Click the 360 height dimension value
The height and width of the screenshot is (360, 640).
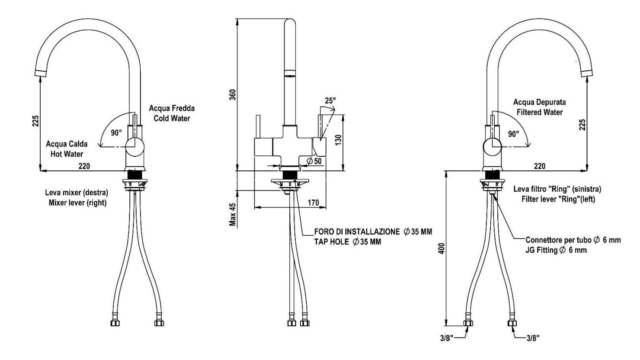pos(233,95)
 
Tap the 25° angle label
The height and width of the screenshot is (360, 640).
pos(330,100)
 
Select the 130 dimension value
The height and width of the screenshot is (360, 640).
pos(338,140)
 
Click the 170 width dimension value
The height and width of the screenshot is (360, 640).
pos(313,202)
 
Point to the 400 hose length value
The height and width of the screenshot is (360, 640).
pos(442,248)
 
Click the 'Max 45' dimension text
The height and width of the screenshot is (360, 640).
pos(233,215)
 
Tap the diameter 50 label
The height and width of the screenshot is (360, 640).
pos(314,161)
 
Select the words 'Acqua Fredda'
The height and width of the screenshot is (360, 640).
pos(172,108)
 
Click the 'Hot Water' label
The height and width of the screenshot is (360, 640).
pos(67,154)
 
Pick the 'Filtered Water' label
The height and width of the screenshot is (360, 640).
pos(539,112)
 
